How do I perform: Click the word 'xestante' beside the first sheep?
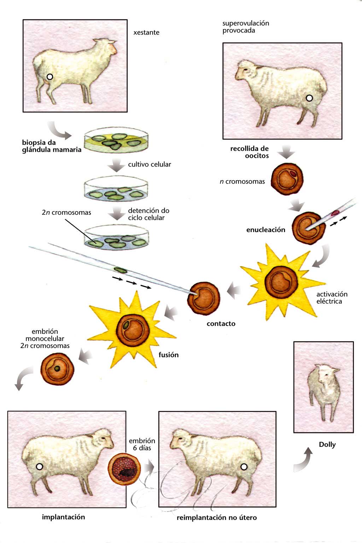[x=146, y=33]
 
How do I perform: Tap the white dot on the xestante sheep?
[x=50, y=76]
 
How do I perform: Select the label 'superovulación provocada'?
[x=246, y=27]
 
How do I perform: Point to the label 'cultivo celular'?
[x=149, y=164]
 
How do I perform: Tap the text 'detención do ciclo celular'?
[x=148, y=214]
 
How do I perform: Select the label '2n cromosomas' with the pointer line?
[x=66, y=213]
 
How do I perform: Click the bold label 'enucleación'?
[x=265, y=230]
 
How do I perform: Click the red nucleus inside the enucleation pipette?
[x=334, y=213]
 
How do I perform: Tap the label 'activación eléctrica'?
[x=332, y=298]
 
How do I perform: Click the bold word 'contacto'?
[x=221, y=324]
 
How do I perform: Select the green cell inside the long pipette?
[x=120, y=270]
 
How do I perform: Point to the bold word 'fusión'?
[x=169, y=355]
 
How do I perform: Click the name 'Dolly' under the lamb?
[x=327, y=445]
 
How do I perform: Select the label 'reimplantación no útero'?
[x=217, y=518]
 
